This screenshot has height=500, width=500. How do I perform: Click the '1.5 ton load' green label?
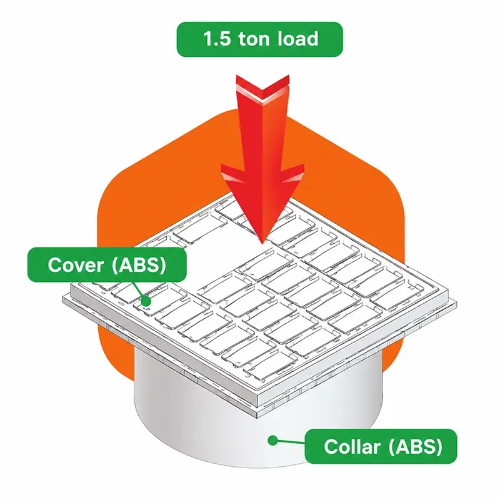259,39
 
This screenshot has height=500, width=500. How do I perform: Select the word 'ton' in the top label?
254,39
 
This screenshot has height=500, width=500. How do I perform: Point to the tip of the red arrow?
262,243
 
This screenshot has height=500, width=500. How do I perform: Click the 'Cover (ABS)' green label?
107,264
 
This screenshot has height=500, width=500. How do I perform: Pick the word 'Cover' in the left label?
76,264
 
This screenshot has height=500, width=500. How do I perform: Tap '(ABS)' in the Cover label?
139,265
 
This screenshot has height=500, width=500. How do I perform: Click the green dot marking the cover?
146,301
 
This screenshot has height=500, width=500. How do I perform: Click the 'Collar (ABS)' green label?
381,446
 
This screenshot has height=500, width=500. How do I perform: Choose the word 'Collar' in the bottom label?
352,446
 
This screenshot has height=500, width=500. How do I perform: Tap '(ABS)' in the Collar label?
416,446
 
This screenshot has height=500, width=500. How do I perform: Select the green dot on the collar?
272,441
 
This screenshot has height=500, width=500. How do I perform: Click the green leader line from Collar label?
291,442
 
